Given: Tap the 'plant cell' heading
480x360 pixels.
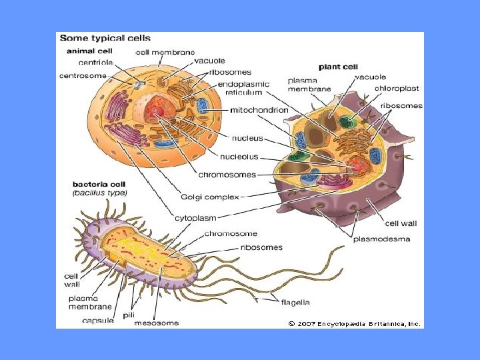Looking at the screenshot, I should coord(338,67).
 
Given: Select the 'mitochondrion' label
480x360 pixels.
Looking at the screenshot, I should coord(259,109).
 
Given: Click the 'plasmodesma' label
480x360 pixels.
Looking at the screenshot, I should coord(381,238).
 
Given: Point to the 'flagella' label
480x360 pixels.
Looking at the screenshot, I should coord(295,302).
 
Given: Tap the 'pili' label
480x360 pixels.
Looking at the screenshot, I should coord(129,314).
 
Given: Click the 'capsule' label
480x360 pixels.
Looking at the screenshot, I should coord(97,321).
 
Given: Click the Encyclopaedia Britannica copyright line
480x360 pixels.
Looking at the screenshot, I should coord(354,323).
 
